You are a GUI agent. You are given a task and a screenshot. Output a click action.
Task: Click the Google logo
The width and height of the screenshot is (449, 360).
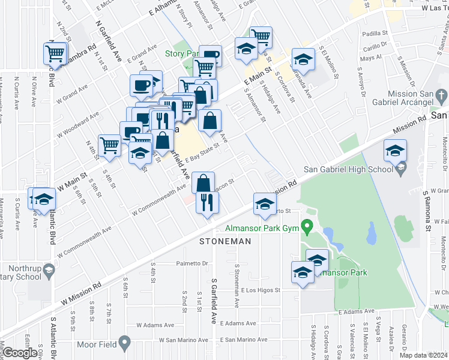pos(19,353)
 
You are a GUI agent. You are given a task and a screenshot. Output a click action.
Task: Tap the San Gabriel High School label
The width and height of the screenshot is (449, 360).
pos(347,170)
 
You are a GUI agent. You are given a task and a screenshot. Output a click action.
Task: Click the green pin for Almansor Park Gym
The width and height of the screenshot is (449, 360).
pos(308,227)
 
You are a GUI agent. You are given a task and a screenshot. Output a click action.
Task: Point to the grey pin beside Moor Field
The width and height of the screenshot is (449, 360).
pos(125,344)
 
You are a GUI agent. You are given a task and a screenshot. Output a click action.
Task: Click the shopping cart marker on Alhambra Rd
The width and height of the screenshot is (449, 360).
pos(55,53)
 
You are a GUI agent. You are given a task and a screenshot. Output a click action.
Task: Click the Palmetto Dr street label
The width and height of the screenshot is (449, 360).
pos(191,263)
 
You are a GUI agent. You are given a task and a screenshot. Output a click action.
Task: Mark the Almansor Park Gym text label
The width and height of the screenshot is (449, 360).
pos(262,228)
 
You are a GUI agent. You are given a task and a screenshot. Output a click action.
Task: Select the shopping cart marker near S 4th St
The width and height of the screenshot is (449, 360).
pos(109,145)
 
